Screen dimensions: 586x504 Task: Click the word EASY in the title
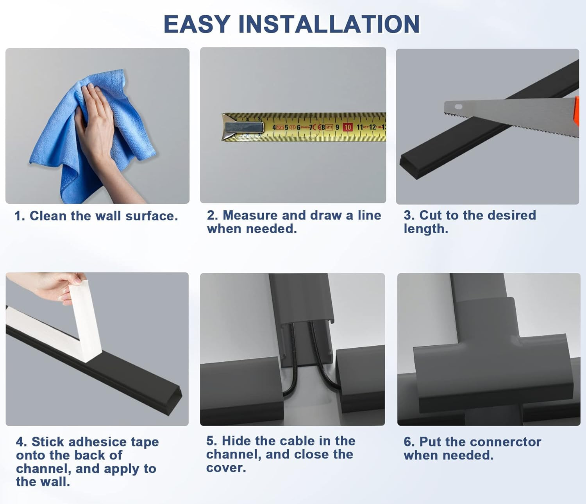pyautogui.click(x=197, y=24)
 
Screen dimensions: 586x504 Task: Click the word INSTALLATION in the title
pyautogui.click(x=329, y=24)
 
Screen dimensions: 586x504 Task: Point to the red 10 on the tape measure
pyautogui.click(x=348, y=127)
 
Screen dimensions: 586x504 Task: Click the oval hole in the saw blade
pyautogui.click(x=458, y=107)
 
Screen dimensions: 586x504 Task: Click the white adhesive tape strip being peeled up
pyautogui.click(x=86, y=320)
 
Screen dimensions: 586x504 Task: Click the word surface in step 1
pyautogui.click(x=152, y=216)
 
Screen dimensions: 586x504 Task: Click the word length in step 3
pyautogui.click(x=426, y=229)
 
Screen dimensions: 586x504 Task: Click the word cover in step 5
pyautogui.click(x=226, y=468)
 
